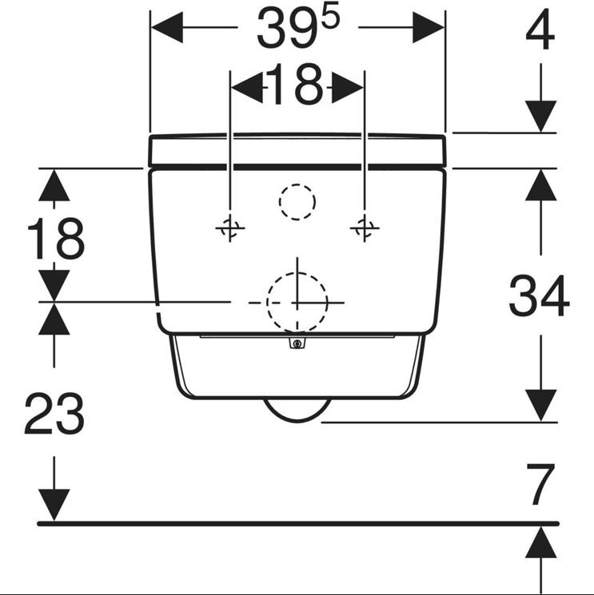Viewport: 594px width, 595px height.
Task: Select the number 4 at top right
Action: [x=540, y=30]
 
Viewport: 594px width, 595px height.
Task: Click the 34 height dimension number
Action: [x=540, y=296]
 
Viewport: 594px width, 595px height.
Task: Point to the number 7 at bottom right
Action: [x=540, y=485]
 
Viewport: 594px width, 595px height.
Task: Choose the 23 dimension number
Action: [x=54, y=414]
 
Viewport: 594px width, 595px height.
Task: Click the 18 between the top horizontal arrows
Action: [x=297, y=84]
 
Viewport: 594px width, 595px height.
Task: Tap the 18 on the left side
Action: [x=56, y=239]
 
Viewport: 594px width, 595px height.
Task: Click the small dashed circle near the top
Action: [x=297, y=202]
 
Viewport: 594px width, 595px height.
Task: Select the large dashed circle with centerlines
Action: [x=297, y=303]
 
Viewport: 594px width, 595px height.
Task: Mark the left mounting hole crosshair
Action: [x=229, y=228]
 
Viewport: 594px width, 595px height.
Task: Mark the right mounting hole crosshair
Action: [x=365, y=228]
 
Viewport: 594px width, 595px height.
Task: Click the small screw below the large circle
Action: [x=297, y=343]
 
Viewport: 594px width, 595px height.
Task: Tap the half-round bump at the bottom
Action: [x=297, y=411]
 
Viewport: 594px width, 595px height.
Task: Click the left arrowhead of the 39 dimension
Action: [x=167, y=27]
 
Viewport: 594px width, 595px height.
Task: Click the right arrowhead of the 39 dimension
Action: [x=429, y=27]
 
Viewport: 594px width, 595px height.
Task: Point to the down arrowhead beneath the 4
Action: [x=540, y=116]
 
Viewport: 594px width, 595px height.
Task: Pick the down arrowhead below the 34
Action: [x=540, y=405]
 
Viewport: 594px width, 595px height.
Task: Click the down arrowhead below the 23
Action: [x=54, y=506]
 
